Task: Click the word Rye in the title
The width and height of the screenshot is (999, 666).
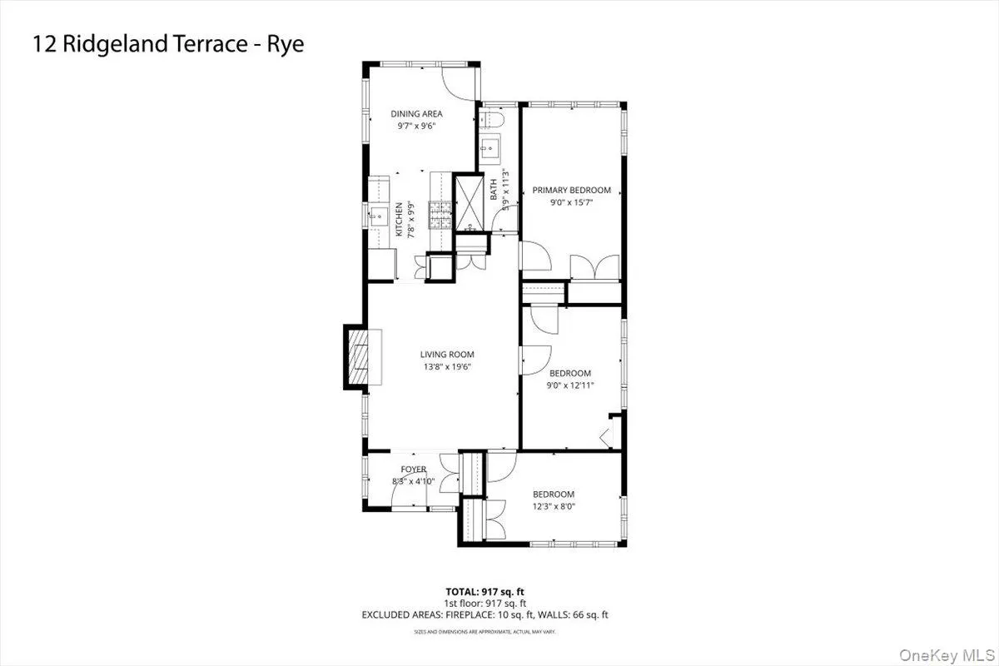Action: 284,44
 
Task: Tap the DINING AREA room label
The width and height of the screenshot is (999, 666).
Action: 416,114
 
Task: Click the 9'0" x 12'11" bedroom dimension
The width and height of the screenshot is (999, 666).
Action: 570,385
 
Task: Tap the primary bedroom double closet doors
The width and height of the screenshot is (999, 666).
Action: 594,268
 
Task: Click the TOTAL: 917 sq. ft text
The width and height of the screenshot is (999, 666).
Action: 485,592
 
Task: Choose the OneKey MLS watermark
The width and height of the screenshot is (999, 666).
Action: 957,651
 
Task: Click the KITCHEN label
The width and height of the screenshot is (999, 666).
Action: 400,220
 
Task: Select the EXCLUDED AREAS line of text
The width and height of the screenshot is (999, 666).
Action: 485,615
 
